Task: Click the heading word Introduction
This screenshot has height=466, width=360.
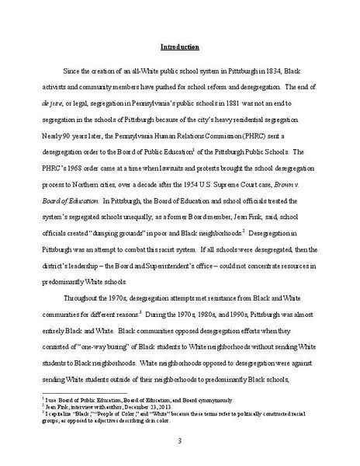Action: [179, 47]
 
